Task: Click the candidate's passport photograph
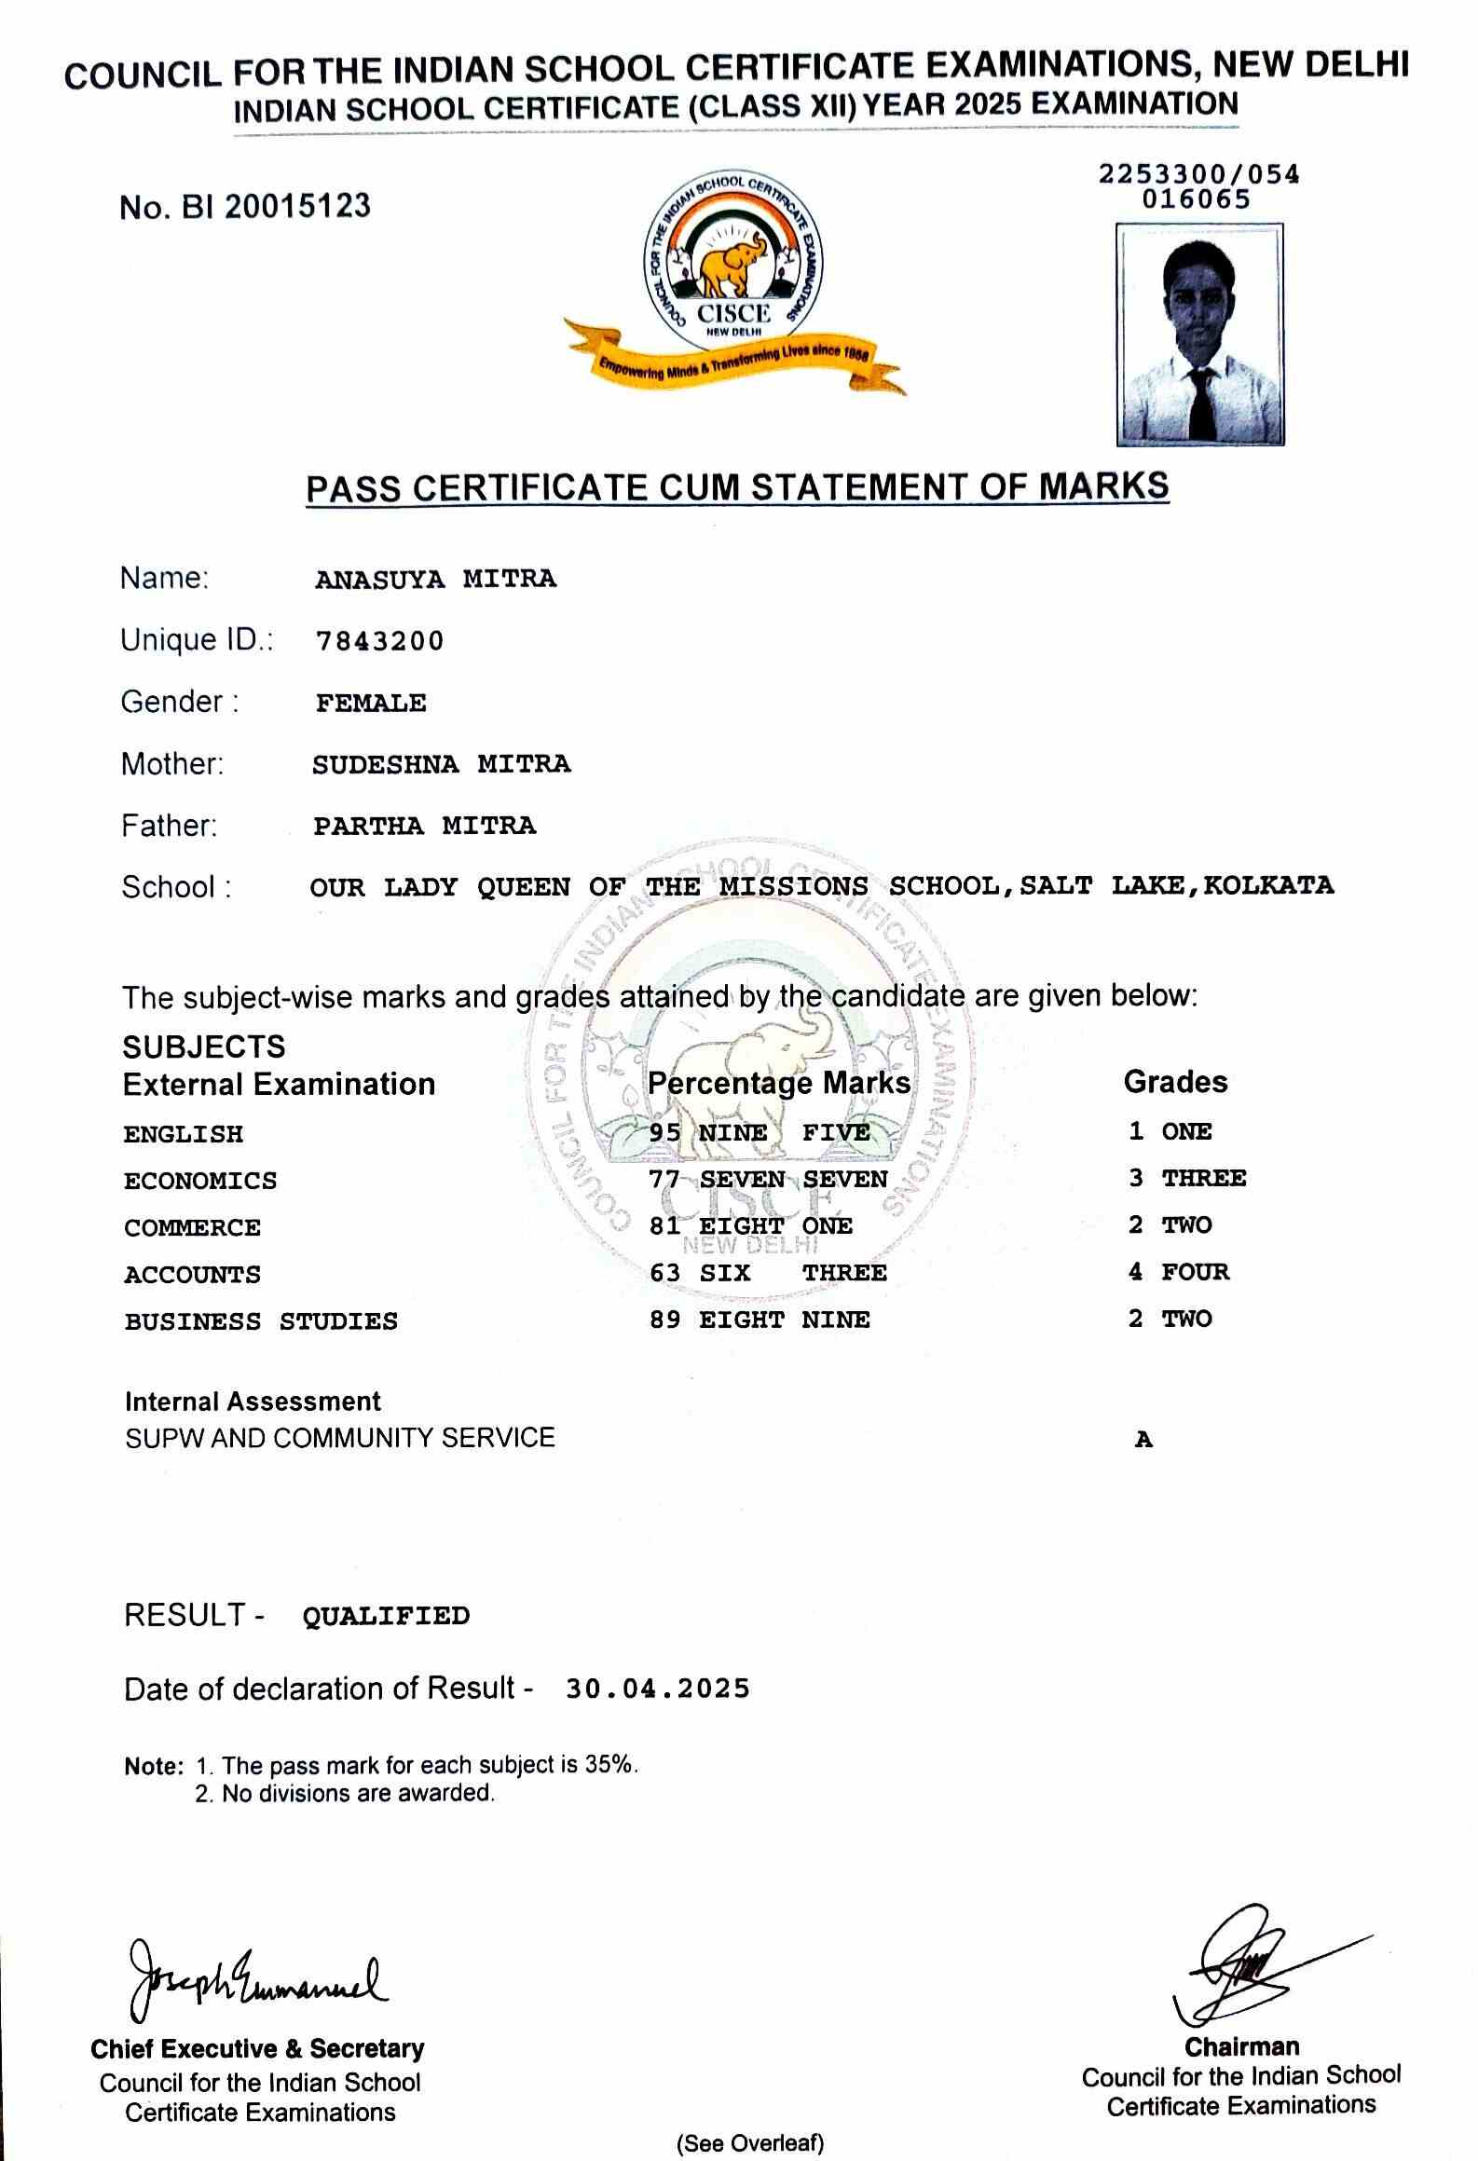click(x=1200, y=334)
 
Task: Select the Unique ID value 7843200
click(x=380, y=641)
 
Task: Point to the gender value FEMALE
click(x=371, y=703)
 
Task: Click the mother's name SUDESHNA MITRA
click(x=441, y=764)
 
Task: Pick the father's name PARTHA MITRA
click(x=424, y=826)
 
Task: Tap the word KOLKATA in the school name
click(x=1268, y=884)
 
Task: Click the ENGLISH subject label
click(x=184, y=1134)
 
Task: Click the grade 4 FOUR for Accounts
click(x=1179, y=1272)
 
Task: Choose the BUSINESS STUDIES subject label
click(x=261, y=1321)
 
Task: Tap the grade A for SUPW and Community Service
click(x=1143, y=1440)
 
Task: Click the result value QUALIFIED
click(x=386, y=1616)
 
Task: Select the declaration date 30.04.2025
click(x=657, y=1689)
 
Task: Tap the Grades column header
click(x=1175, y=1081)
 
